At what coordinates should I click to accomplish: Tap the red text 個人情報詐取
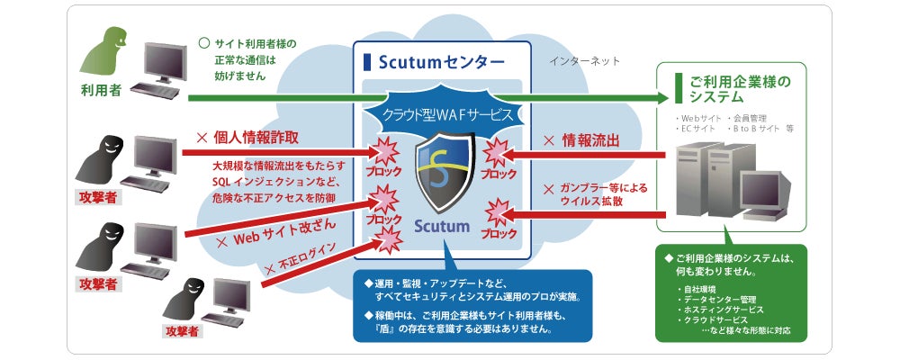pos(255,139)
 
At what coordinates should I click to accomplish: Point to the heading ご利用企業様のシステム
pos(737,88)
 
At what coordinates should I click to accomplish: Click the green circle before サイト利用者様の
pos(203,41)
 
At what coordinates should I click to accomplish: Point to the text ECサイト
pos(698,129)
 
